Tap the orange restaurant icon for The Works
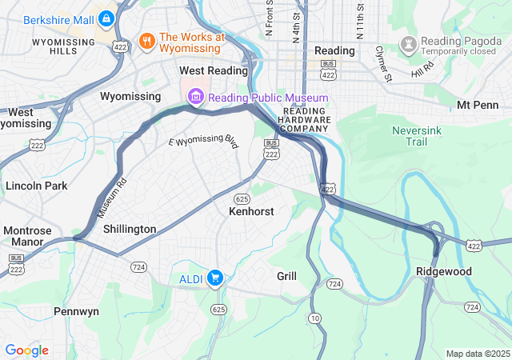click(x=146, y=41)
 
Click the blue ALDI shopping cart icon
click(x=214, y=278)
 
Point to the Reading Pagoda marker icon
click(x=409, y=42)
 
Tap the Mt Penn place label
click(x=477, y=105)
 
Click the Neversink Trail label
click(x=416, y=135)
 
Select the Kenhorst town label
click(x=251, y=212)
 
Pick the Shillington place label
click(x=130, y=229)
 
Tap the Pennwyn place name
click(x=76, y=310)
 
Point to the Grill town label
click(x=286, y=276)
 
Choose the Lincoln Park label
click(x=36, y=186)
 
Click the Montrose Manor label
click(x=27, y=236)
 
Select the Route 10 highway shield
click(x=315, y=318)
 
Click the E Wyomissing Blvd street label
click(x=204, y=142)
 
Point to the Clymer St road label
click(x=384, y=64)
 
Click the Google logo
click(x=26, y=350)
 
